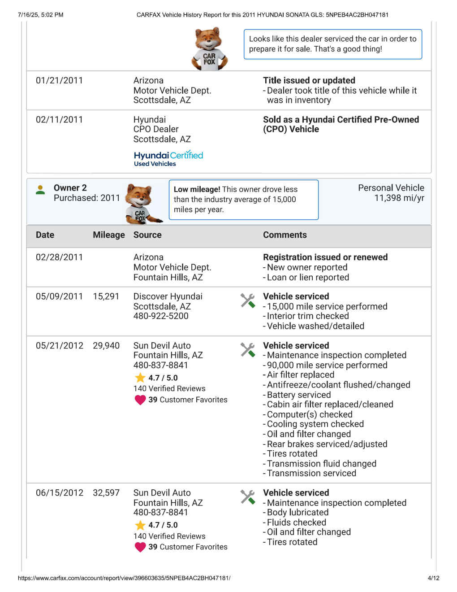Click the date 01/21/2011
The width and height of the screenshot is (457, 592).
(x=59, y=81)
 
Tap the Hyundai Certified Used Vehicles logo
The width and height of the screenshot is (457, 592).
(x=168, y=158)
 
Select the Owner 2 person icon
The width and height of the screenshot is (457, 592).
(x=40, y=190)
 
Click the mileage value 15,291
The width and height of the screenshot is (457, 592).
(x=106, y=296)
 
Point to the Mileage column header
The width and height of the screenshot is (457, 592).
(x=108, y=235)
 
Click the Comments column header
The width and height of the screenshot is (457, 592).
(x=285, y=235)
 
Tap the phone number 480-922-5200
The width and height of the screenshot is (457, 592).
(x=161, y=316)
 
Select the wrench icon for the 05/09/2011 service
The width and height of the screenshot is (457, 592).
(x=248, y=300)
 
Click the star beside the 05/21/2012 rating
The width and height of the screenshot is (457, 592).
(x=140, y=378)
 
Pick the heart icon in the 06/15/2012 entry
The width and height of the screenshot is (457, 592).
(x=140, y=547)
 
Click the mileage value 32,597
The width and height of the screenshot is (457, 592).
(x=106, y=493)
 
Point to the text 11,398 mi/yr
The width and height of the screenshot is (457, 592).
(x=399, y=198)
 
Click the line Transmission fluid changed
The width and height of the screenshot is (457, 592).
(x=321, y=464)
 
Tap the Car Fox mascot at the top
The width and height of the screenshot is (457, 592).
(x=209, y=49)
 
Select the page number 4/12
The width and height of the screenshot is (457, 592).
(x=433, y=578)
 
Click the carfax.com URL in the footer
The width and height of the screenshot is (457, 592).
(x=124, y=578)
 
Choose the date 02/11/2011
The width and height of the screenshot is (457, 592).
(x=59, y=120)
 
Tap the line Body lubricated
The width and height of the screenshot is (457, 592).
(x=297, y=513)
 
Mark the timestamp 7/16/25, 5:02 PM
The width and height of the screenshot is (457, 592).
(x=40, y=15)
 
